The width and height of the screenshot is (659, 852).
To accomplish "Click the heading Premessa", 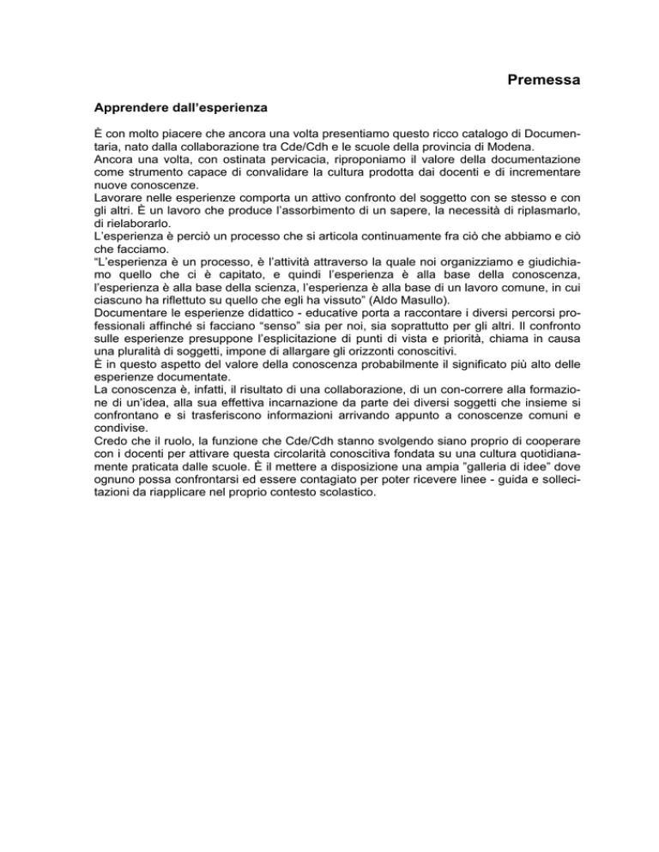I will (544, 81).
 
